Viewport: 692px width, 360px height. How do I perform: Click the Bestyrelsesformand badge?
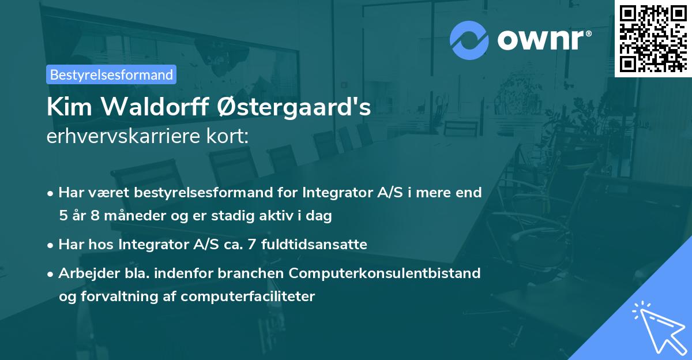click(x=111, y=74)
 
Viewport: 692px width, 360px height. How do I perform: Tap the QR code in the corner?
click(x=653, y=38)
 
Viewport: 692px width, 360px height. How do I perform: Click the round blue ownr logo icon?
click(x=469, y=40)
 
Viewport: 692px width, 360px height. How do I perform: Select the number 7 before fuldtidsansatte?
click(x=251, y=245)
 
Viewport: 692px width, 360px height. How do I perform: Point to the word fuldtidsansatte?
click(x=314, y=245)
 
